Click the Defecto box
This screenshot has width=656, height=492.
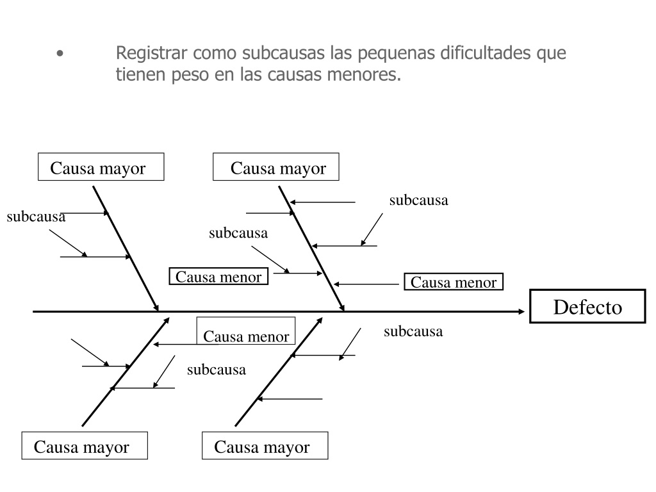point(587,306)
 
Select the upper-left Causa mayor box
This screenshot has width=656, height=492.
point(101,167)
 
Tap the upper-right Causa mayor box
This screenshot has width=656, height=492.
point(275,167)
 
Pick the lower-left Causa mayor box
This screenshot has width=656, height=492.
point(85,446)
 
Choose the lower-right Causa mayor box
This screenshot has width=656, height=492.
point(265,446)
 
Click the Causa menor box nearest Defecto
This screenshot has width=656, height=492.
point(454,282)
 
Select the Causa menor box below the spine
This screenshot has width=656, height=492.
point(246,331)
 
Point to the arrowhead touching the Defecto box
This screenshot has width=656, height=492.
point(521,311)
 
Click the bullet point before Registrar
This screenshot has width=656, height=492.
point(60,54)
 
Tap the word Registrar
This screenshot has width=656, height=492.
point(151,53)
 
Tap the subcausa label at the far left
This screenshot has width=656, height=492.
point(36,217)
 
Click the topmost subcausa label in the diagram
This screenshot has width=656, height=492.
point(419,200)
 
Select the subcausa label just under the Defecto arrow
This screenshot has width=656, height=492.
point(413,331)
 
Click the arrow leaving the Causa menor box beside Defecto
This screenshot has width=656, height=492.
point(366,284)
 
